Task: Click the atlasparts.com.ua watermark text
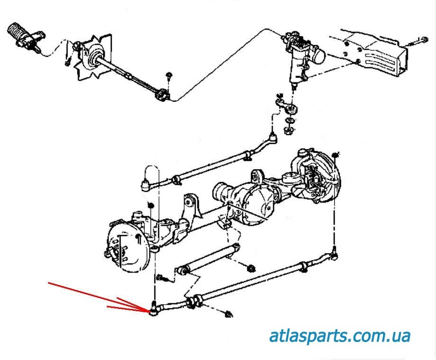tap(339, 336)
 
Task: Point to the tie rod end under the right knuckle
tap(334, 256)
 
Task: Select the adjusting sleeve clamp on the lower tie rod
tap(194, 301)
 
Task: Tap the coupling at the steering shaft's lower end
tap(162, 95)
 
